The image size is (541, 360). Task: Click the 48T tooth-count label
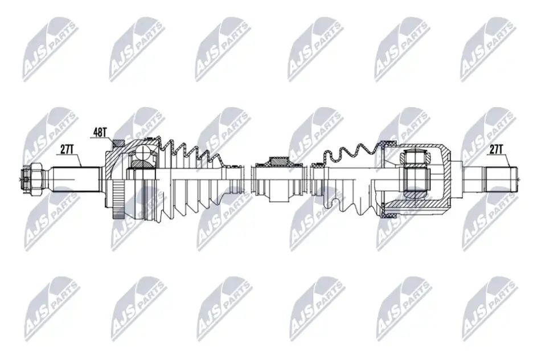(x=99, y=132)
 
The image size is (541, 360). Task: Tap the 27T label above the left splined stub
(x=67, y=149)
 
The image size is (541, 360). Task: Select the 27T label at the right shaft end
(x=495, y=149)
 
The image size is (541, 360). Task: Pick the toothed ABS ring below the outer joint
(x=118, y=199)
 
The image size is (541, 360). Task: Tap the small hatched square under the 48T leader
(x=118, y=143)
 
